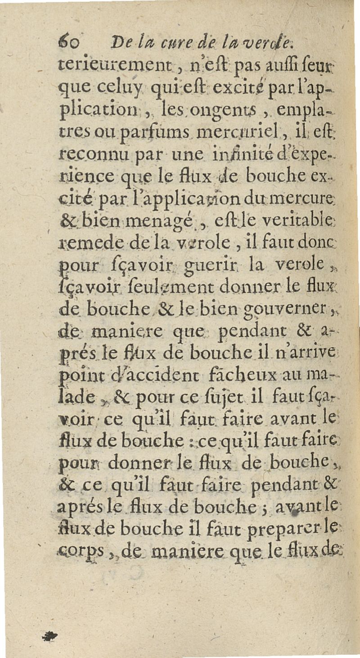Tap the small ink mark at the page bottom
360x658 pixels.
[x=49, y=635]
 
